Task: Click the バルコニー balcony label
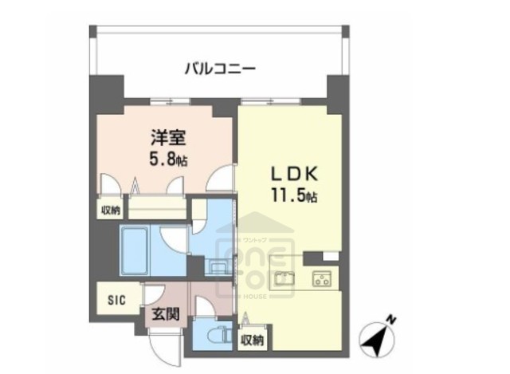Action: click(x=220, y=69)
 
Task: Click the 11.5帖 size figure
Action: click(x=292, y=195)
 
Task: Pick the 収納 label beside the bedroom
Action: click(x=110, y=211)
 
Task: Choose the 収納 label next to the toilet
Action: click(x=254, y=340)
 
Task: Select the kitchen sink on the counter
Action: click(x=284, y=279)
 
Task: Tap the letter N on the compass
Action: click(x=391, y=321)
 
